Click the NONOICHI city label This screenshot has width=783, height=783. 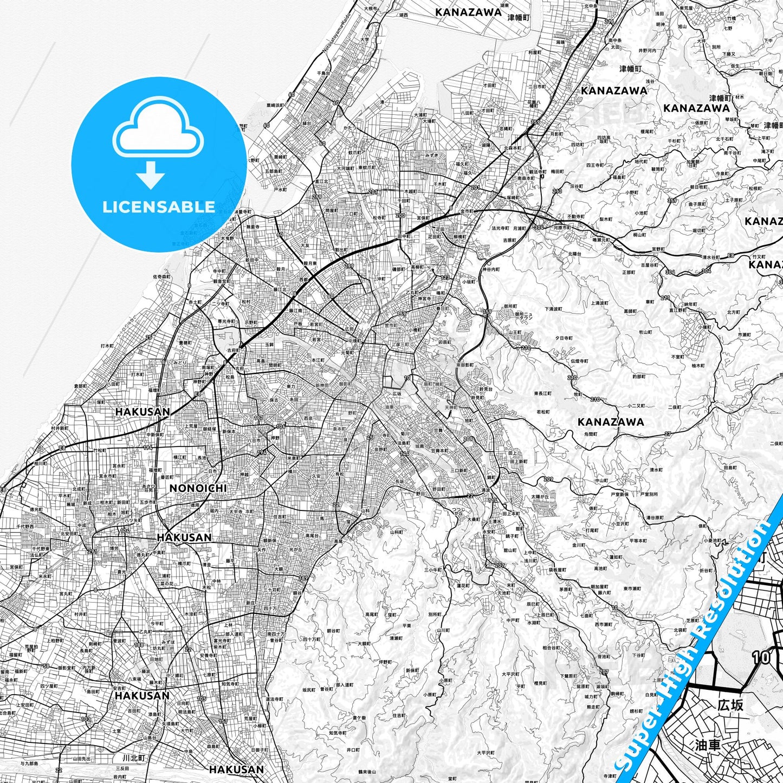click(x=198, y=488)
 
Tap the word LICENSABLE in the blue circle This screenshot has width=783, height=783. click(x=159, y=207)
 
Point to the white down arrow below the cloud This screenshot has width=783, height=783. click(x=151, y=174)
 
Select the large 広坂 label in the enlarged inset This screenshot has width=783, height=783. click(x=730, y=705)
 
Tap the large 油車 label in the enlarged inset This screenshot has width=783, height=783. click(x=708, y=745)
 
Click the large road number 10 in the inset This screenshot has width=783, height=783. click(x=761, y=657)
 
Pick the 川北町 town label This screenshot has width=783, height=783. click(x=134, y=758)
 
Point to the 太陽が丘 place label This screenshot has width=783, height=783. click(x=539, y=496)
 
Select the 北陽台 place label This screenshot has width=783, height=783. click(x=574, y=253)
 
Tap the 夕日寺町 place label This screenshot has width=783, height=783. click(x=564, y=338)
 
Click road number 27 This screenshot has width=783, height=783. click(x=668, y=433)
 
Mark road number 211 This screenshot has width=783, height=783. click(x=665, y=298)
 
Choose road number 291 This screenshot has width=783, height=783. click(x=92, y=552)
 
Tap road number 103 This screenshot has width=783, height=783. click(x=86, y=719)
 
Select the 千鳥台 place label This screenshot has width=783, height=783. click(x=309, y=73)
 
